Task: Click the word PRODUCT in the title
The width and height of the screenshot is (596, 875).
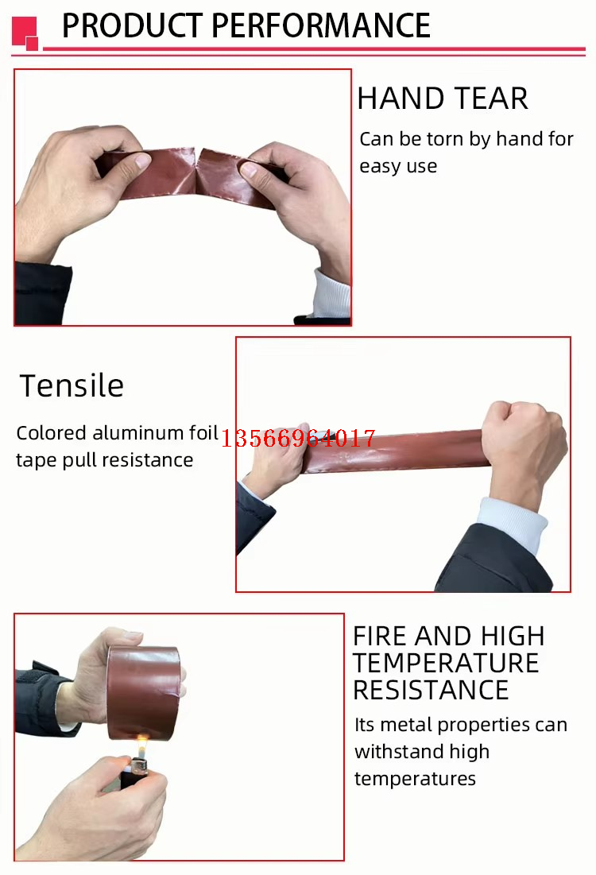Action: click(x=132, y=25)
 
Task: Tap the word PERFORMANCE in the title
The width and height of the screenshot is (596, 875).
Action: click(x=321, y=25)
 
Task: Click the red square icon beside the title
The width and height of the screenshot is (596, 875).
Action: click(x=25, y=33)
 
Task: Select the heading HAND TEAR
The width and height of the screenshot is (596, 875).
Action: click(x=443, y=99)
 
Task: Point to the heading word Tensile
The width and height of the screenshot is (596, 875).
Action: click(x=72, y=385)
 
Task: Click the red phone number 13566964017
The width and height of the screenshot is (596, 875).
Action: click(x=299, y=438)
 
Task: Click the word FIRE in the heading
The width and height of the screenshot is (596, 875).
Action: click(x=380, y=636)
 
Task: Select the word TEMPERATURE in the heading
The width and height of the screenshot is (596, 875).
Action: click(x=446, y=664)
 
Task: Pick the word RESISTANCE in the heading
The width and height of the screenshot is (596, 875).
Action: click(x=431, y=691)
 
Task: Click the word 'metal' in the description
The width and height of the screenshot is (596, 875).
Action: click(x=407, y=725)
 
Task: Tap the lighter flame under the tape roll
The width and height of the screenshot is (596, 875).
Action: click(x=142, y=745)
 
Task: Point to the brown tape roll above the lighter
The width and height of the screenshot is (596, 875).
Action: click(x=144, y=692)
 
